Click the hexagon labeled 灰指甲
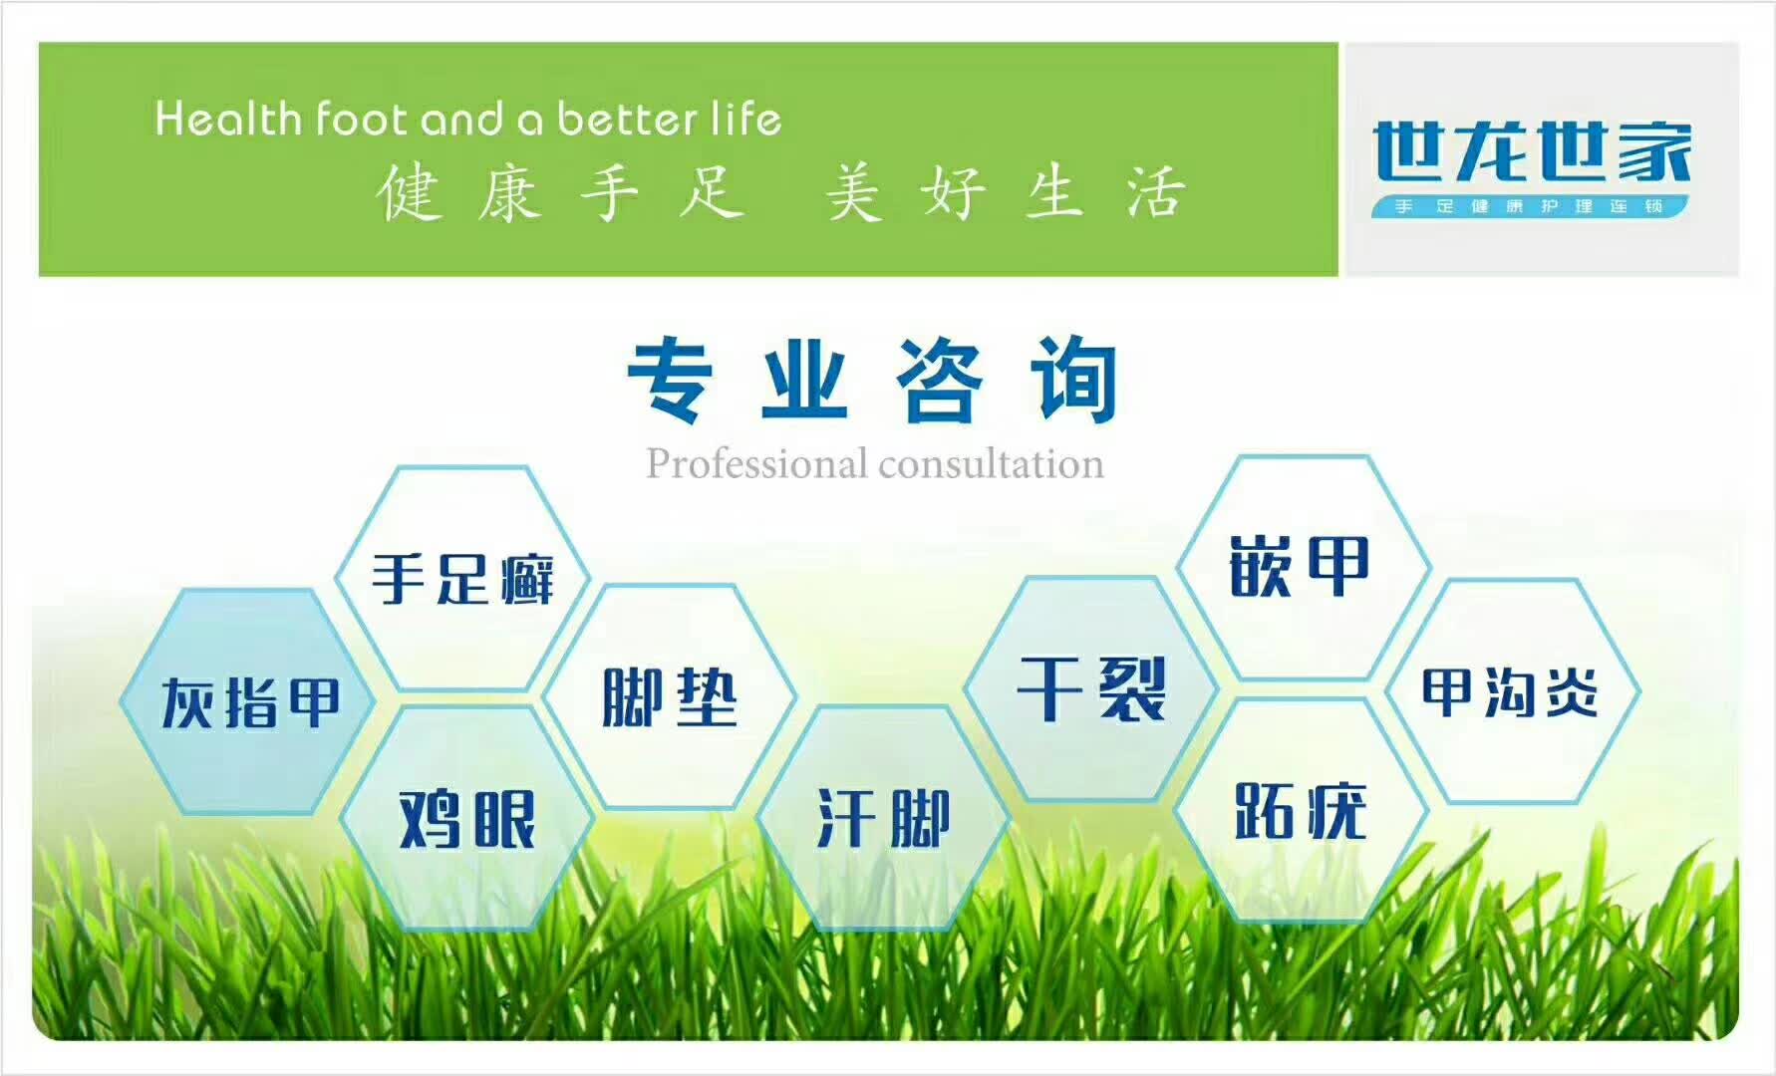tap(247, 701)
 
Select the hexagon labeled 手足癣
tap(462, 579)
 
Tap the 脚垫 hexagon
tap(669, 696)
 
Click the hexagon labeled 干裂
tap(1091, 688)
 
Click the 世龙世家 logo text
tap(1532, 151)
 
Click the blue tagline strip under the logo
tap(1531, 206)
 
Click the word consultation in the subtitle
tap(992, 464)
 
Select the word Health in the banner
tap(228, 119)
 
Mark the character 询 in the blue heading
tap(1074, 381)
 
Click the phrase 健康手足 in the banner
tap(560, 193)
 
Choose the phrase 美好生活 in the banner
tap(1005, 193)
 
